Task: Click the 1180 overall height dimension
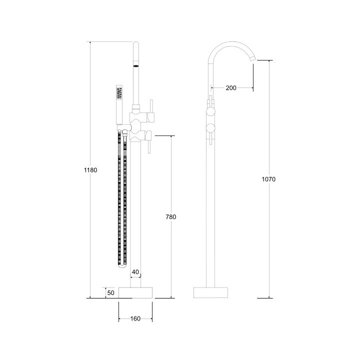(90, 169)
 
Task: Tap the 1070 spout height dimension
(269, 179)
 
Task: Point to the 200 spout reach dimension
(231, 88)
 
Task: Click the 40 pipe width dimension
(135, 272)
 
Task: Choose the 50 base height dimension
(110, 292)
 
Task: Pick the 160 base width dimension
(135, 318)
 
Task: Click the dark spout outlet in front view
(135, 64)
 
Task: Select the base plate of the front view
(135, 293)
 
